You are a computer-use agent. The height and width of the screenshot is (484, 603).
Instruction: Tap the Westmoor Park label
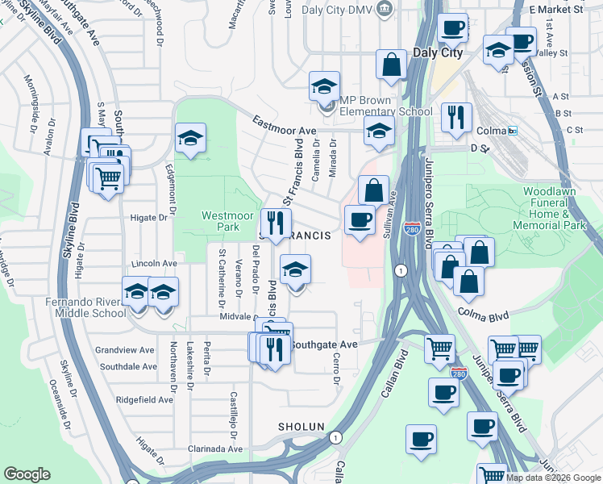221,221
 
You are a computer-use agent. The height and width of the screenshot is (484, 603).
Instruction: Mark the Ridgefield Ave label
144,399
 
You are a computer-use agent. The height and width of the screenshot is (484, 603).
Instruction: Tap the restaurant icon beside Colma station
457,117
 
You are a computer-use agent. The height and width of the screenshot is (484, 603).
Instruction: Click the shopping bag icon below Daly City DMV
391,65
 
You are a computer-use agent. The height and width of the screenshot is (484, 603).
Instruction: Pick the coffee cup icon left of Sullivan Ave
360,219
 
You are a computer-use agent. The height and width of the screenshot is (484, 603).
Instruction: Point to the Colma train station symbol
513,130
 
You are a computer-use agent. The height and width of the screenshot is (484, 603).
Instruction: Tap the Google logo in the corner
27,474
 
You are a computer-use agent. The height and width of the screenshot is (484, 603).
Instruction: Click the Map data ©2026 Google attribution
552,478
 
